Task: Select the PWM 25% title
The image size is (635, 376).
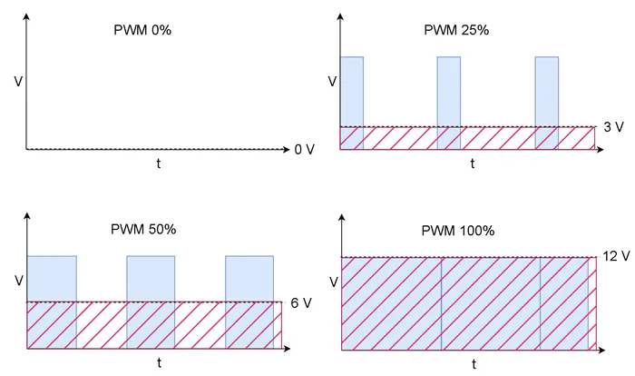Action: tap(456, 30)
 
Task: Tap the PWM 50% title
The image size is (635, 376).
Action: tap(144, 229)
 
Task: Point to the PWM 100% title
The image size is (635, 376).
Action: tap(458, 231)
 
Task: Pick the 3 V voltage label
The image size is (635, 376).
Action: tap(613, 127)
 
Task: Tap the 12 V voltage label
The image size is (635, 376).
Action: tap(615, 257)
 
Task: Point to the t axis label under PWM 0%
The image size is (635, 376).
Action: tap(159, 163)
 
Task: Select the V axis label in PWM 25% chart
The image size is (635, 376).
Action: tap(332, 82)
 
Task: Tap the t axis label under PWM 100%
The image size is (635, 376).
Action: tap(473, 364)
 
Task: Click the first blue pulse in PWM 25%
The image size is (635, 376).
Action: tap(351, 91)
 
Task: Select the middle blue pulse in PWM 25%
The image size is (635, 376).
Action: tap(449, 91)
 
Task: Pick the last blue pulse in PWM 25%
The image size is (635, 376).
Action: tap(547, 91)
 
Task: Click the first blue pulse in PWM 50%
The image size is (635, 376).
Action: tap(52, 278)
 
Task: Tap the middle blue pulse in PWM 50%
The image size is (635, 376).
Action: tap(151, 278)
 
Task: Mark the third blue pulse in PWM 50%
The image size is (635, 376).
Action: tap(249, 278)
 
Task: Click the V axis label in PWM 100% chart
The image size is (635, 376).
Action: tap(332, 282)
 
